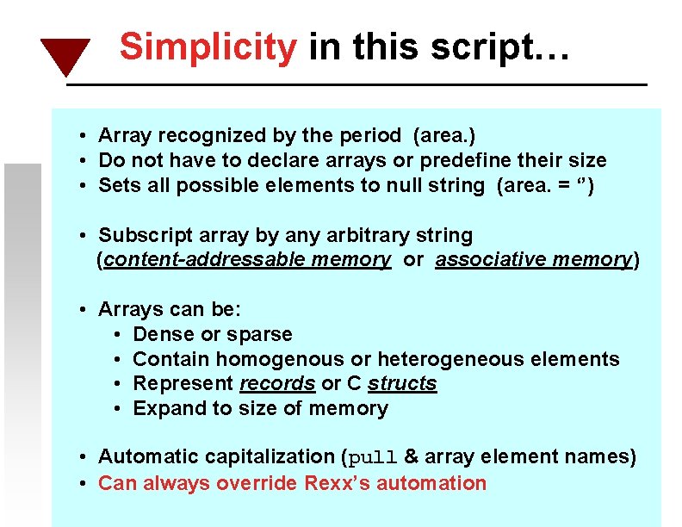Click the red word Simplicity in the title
click(x=208, y=46)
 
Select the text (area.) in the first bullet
click(x=444, y=135)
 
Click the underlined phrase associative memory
click(x=533, y=260)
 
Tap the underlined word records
click(x=277, y=384)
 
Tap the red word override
click(x=258, y=483)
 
